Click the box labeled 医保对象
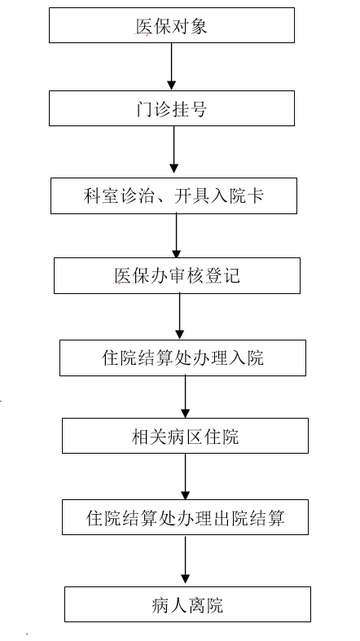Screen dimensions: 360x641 click(x=172, y=25)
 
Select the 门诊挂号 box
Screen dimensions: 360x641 click(x=172, y=108)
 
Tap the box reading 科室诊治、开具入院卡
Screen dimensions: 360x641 click(x=173, y=195)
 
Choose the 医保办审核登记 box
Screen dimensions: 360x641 click(x=177, y=275)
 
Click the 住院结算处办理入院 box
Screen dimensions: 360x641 click(x=182, y=358)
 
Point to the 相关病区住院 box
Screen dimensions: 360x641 click(x=185, y=436)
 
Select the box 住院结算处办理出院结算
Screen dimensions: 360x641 click(x=185, y=516)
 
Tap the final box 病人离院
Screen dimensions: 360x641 click(x=187, y=604)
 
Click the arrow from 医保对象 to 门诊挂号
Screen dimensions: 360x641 click(x=172, y=66)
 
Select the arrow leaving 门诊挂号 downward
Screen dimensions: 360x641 click(x=174, y=149)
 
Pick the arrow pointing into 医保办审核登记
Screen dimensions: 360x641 click(x=177, y=235)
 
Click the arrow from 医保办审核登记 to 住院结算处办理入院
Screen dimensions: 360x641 click(x=179, y=316)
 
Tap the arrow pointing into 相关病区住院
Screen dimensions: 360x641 click(x=186, y=397)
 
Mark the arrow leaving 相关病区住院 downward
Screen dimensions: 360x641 click(x=186, y=476)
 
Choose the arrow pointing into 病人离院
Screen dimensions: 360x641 click(x=186, y=560)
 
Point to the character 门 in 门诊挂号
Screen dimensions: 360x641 click(x=145, y=108)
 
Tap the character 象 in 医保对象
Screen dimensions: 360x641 click(x=198, y=26)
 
